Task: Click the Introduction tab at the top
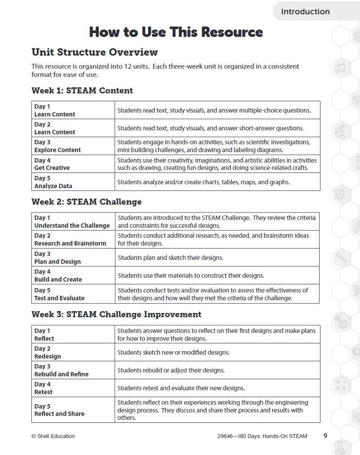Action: tap(305, 12)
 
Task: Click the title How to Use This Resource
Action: tap(176, 32)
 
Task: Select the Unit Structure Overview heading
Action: tap(94, 52)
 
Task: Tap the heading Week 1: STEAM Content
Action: tap(82, 90)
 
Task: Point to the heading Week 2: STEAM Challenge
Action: tap(87, 202)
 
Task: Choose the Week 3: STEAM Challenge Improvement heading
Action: tap(116, 314)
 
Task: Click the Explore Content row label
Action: tap(57, 150)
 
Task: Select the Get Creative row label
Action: tap(52, 168)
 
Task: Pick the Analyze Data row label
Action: tap(53, 186)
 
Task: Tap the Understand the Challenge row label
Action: tap(72, 226)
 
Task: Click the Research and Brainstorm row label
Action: tap(70, 243)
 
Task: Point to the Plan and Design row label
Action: tap(57, 262)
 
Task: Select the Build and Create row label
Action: tap(58, 279)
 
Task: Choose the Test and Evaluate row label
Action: tap(59, 298)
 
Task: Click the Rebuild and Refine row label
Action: tap(61, 374)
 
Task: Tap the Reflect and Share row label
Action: tap(59, 414)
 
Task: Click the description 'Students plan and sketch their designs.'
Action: tap(170, 258)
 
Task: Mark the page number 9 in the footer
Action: tap(325, 436)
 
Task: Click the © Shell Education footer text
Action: tap(53, 436)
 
